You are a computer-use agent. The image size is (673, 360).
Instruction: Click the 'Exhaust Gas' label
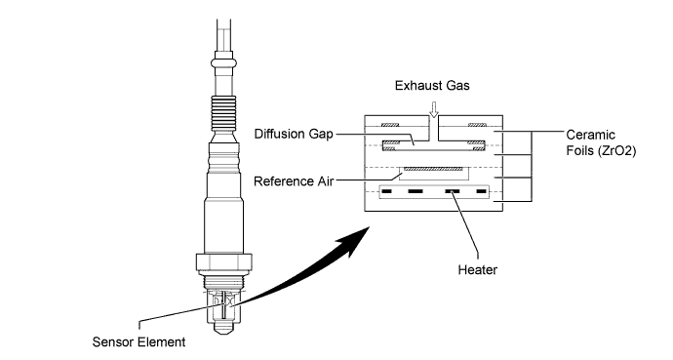[432, 86]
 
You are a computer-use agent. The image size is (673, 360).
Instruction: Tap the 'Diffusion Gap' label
[294, 134]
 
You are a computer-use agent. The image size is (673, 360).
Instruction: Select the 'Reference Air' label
[294, 181]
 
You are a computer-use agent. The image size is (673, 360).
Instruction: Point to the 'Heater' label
[477, 270]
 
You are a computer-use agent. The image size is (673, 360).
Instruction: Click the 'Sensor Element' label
[139, 342]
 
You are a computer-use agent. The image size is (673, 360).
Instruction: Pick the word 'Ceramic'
[591, 135]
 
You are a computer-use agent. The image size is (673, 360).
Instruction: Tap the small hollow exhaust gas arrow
[434, 109]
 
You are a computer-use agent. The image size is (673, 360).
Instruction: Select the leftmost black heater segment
[386, 191]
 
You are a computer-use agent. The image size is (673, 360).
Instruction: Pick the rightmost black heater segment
[481, 191]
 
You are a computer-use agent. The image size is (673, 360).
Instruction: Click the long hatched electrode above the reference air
[433, 169]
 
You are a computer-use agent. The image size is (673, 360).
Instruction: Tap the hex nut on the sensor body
[223, 262]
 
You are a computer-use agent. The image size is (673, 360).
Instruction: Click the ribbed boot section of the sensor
[223, 112]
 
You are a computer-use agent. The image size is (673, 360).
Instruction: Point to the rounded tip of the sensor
[223, 328]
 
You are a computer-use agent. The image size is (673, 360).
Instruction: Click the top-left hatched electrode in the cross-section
[390, 125]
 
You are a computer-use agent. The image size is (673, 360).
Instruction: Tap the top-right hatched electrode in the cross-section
[477, 125]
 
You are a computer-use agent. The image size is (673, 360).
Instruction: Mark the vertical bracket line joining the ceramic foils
[532, 166]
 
